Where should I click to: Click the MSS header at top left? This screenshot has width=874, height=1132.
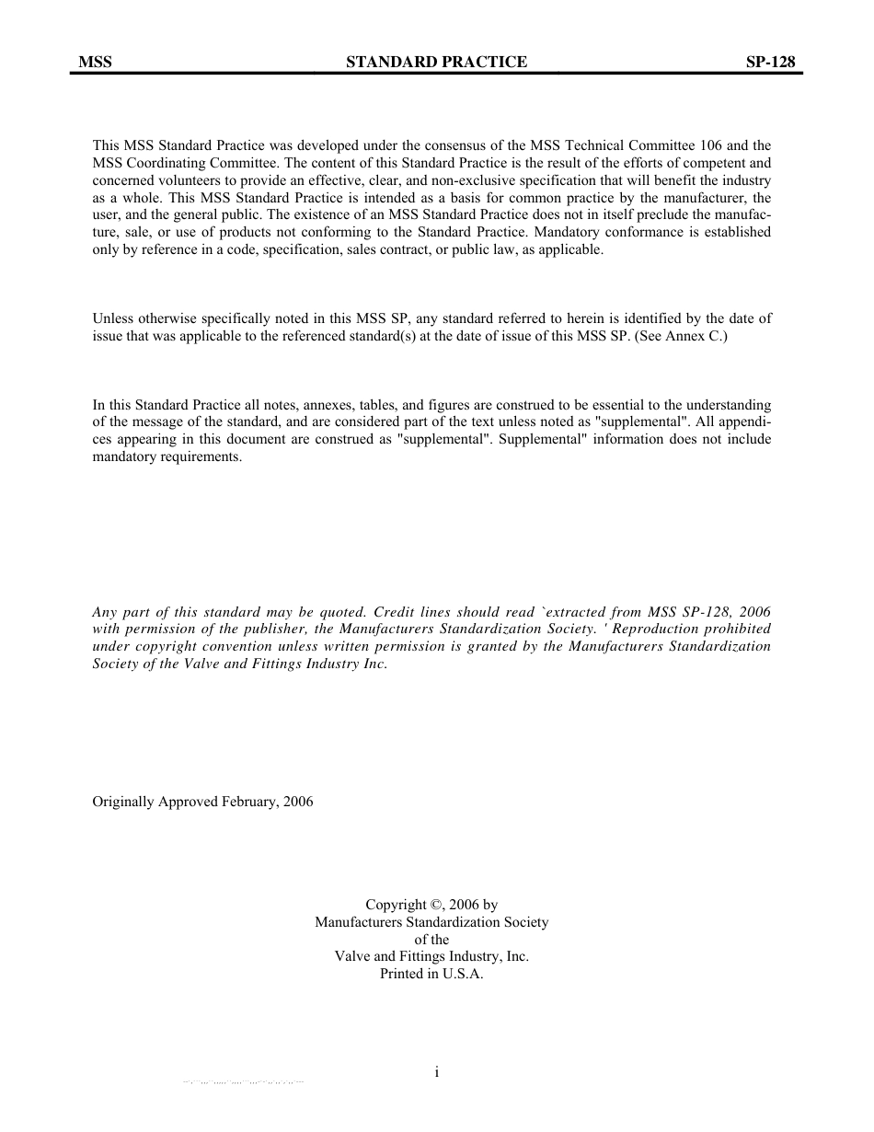point(95,62)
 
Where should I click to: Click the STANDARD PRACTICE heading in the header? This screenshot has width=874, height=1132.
point(436,62)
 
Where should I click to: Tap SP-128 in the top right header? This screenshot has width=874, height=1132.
point(770,62)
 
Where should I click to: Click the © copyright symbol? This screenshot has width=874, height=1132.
point(438,905)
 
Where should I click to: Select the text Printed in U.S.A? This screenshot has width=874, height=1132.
point(431,974)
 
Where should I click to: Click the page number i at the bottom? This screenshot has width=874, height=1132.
point(437,1071)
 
